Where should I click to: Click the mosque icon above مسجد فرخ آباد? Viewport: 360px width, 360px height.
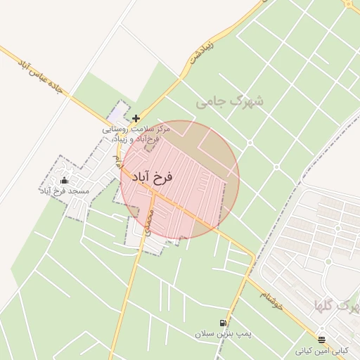tap(64, 181)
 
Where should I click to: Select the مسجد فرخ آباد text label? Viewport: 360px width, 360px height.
tap(64, 191)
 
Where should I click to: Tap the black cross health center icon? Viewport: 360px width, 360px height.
tap(136, 118)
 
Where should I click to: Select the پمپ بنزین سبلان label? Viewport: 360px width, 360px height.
tap(223, 333)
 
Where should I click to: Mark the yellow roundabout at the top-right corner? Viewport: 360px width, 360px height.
tap(349, 4)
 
